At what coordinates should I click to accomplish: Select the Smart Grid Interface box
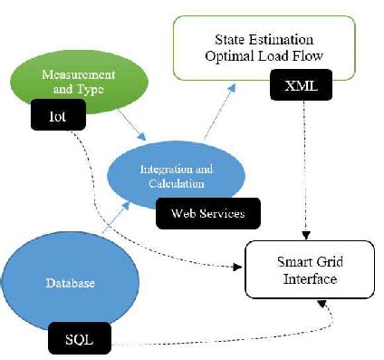pos(307,270)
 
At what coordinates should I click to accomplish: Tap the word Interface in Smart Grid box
pos(307,279)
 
